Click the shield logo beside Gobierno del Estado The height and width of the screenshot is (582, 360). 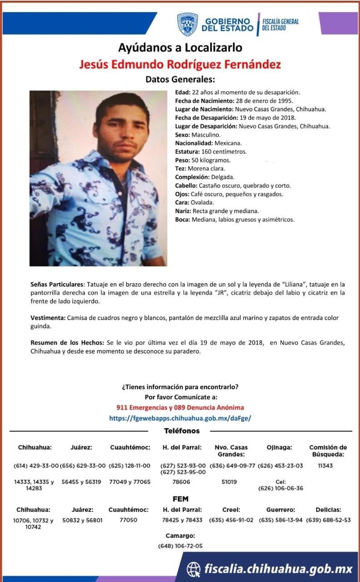click(x=187, y=24)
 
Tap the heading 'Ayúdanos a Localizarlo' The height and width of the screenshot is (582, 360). click(x=180, y=47)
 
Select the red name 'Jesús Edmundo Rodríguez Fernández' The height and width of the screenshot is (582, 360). click(x=180, y=64)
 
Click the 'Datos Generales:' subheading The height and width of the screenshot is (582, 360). click(x=180, y=79)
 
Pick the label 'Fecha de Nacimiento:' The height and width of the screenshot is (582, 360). click(x=204, y=101)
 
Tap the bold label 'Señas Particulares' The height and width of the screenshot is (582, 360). click(x=57, y=284)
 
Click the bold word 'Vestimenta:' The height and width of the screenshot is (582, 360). click(x=48, y=318)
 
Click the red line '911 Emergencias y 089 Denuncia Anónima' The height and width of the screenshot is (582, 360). click(x=180, y=407)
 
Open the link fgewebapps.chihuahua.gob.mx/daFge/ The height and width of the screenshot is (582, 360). click(x=180, y=418)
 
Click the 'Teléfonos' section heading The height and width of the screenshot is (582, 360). click(x=181, y=431)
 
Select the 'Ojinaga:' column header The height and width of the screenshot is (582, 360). click(x=280, y=447)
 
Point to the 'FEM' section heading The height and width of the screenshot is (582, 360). click(x=180, y=499)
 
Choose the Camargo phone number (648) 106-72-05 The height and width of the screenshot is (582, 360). click(x=180, y=546)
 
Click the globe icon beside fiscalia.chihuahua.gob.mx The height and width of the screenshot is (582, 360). click(x=194, y=569)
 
